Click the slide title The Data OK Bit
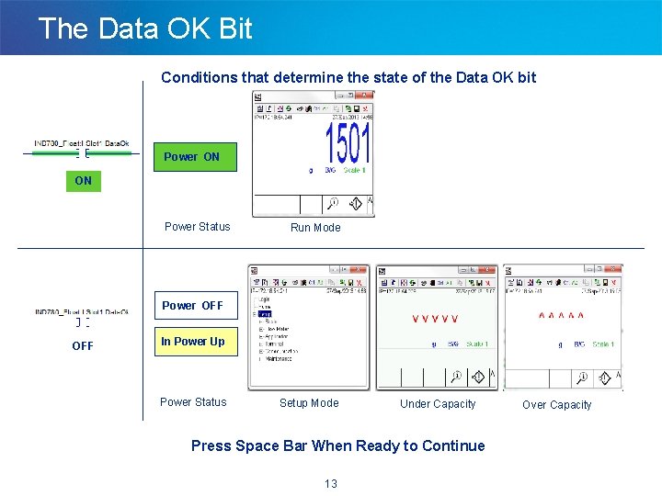point(145,28)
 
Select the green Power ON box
point(192,157)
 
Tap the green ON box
point(83,181)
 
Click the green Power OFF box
point(192,305)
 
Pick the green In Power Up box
point(192,342)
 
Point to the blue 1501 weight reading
point(348,145)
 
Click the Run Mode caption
point(315,228)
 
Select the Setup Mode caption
point(309,403)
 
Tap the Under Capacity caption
point(438,404)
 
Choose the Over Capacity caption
point(557,405)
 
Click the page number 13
point(331,484)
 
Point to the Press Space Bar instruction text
point(337,446)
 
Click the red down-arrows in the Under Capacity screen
point(435,319)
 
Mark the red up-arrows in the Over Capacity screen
point(561,316)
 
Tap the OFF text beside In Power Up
point(83,346)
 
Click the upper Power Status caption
point(197,227)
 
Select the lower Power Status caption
point(193,402)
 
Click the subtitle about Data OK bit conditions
point(348,77)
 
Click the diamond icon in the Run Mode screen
point(354,204)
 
